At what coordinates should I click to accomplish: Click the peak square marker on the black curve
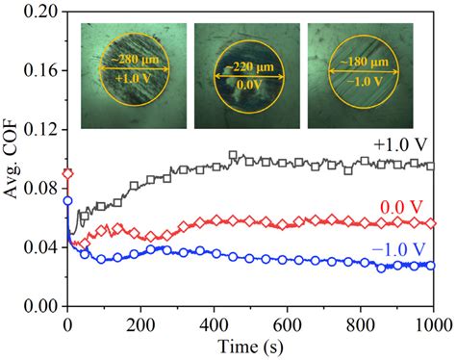pos(233,155)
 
